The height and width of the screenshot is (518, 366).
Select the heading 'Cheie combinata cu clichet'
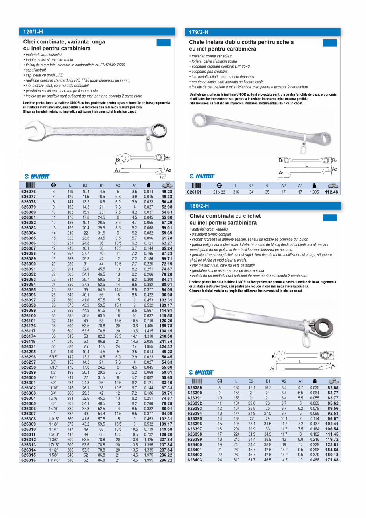225,216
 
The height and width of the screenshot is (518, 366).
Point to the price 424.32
166,346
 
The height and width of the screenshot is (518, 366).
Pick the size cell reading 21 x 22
219,192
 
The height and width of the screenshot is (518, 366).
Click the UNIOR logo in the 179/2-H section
202,176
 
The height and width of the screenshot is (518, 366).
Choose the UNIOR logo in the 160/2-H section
202,372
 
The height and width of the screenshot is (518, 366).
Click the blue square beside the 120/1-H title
163,43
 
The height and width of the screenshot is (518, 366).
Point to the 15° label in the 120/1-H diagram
162,176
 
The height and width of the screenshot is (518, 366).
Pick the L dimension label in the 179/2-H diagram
306,165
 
